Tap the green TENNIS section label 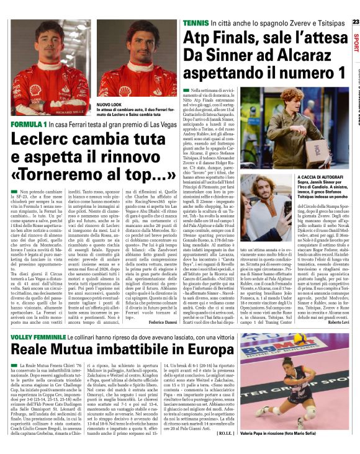(x=196, y=22)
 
